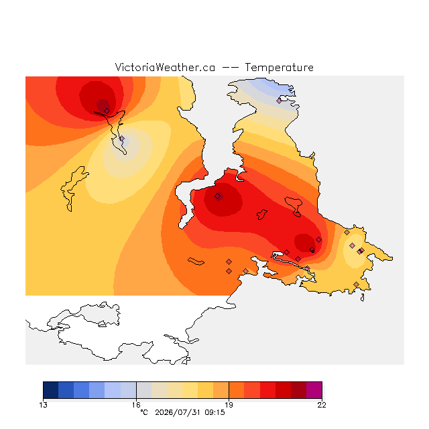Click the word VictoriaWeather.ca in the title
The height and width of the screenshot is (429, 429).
coord(165,67)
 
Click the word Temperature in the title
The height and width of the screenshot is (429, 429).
coord(279,67)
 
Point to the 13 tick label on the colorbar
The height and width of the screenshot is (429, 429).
coord(43,405)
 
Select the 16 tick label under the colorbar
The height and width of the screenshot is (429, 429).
coord(136,405)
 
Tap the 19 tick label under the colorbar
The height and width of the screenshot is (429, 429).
coord(229,405)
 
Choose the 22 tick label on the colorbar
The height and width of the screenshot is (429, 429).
coord(322,405)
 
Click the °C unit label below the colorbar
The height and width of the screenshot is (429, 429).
coord(144,412)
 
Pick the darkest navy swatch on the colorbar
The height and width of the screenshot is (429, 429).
coord(51,390)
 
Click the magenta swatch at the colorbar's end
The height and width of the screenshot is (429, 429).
coord(314,390)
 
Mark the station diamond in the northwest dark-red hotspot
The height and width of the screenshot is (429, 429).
coord(107,111)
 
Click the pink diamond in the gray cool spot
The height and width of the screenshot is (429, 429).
coord(122,139)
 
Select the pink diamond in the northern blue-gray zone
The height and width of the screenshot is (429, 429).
coord(279,101)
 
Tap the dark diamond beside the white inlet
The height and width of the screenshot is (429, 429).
coord(217,196)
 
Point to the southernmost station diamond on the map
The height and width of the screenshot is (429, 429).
coord(356,284)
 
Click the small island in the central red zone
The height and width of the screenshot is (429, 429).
coord(262,214)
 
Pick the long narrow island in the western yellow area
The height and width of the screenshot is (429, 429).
coord(73,188)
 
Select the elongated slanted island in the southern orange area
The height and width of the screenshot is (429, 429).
coord(196,261)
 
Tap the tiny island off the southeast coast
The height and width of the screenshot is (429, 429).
coord(362,298)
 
